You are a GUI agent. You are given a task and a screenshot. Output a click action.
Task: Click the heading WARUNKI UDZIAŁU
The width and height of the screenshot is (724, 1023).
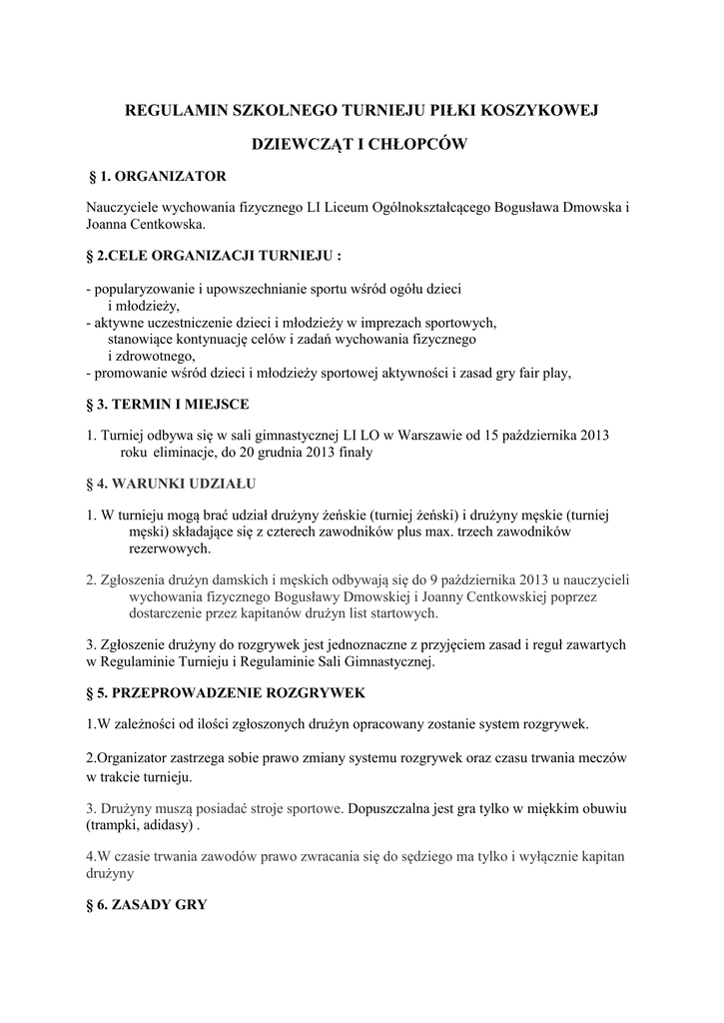pyautogui.click(x=185, y=484)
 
